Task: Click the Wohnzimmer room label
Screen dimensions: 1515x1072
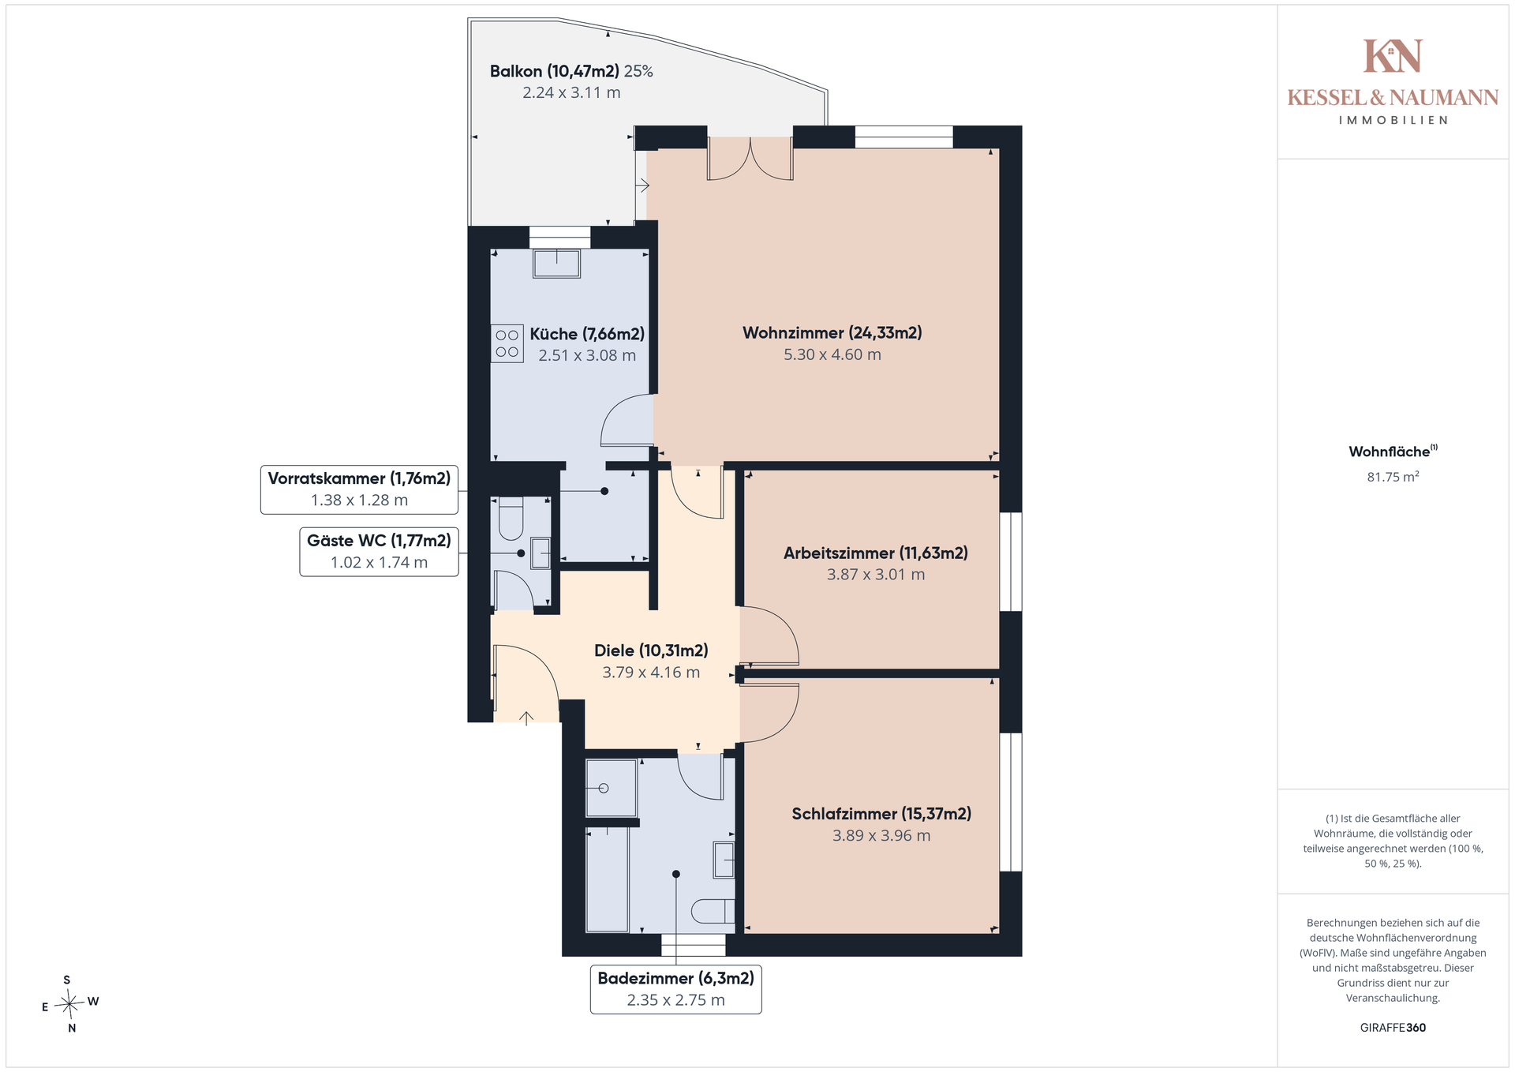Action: [x=832, y=333]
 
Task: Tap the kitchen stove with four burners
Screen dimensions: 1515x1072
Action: [x=507, y=343]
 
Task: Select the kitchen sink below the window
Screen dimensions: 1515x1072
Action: [x=556, y=264]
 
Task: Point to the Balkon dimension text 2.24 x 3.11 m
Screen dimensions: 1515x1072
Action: [x=571, y=92]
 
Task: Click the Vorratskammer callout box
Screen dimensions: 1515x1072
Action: [x=359, y=489]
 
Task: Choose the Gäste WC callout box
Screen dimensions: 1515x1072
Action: [x=379, y=552]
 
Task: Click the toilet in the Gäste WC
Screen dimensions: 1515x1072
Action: [x=511, y=518]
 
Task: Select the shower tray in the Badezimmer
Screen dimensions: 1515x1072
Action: [x=612, y=788]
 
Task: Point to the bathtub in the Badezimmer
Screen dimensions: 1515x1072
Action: [x=607, y=879]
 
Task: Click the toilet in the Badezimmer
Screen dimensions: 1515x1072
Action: [x=713, y=911]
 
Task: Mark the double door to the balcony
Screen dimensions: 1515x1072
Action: [x=750, y=159]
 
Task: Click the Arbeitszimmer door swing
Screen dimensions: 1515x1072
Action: [x=769, y=635]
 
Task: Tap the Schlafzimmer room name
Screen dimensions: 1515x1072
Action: [x=881, y=814]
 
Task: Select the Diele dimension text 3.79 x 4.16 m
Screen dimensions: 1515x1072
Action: [x=651, y=673]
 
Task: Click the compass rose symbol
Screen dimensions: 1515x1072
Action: [x=70, y=1004]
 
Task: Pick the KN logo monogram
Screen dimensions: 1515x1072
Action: [x=1393, y=56]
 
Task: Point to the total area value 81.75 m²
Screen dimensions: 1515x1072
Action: [x=1393, y=476]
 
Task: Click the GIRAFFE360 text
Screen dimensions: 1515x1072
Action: [x=1393, y=1028]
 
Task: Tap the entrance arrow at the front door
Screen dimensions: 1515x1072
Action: [x=526, y=718]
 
